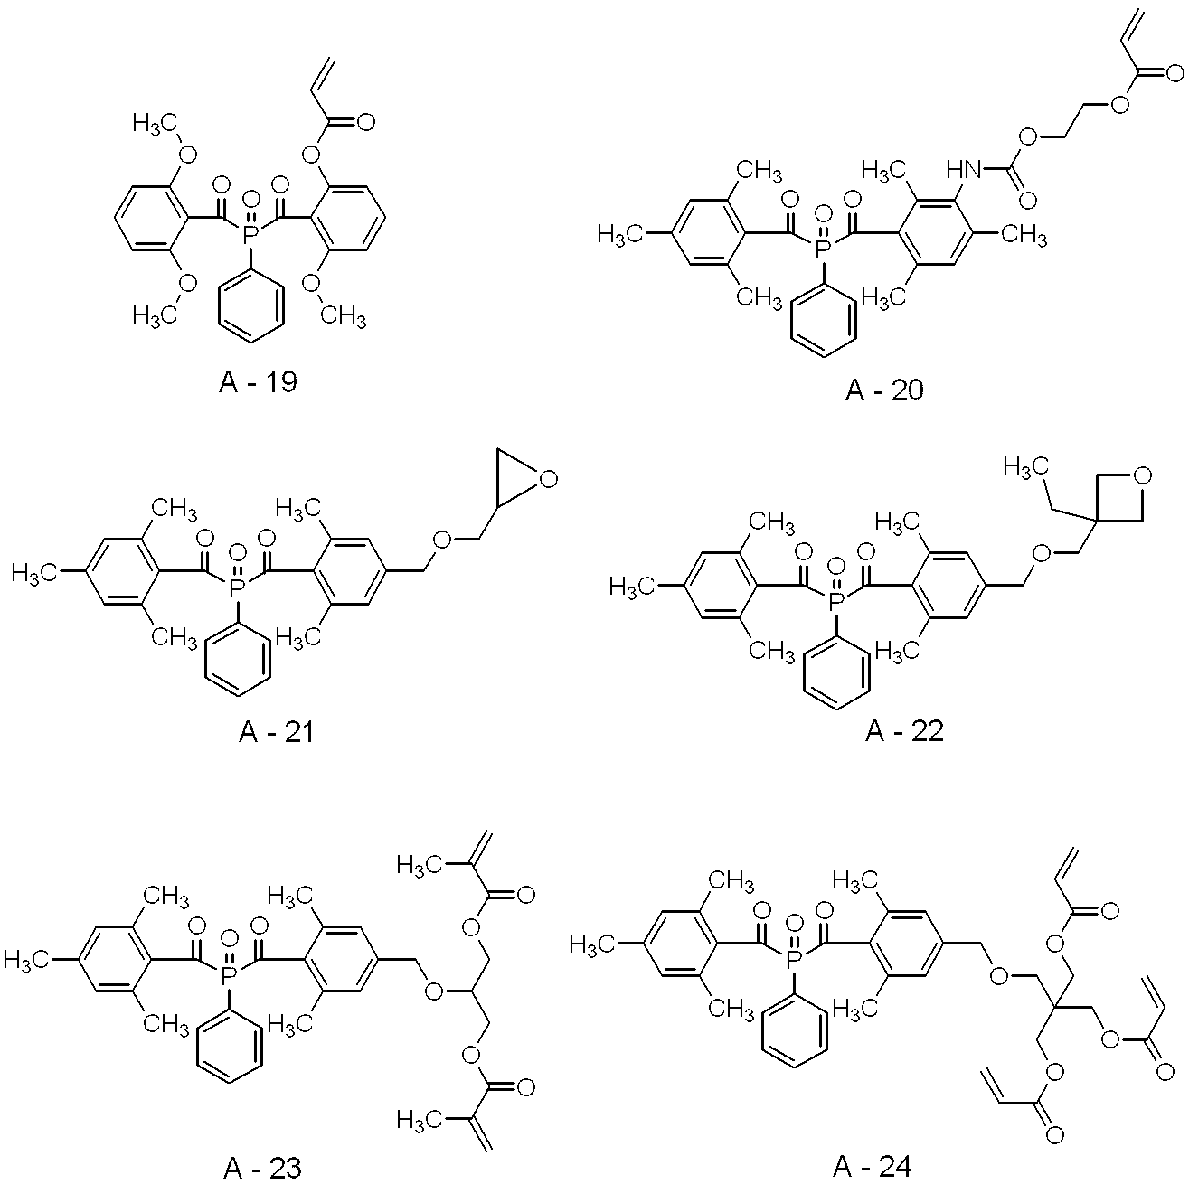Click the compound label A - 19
click(x=258, y=382)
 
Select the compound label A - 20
click(x=885, y=390)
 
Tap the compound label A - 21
click(x=277, y=730)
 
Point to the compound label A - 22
click(x=904, y=730)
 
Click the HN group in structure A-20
click(x=961, y=168)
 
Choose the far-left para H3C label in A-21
click(x=34, y=571)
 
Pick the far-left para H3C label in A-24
click(x=592, y=944)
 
